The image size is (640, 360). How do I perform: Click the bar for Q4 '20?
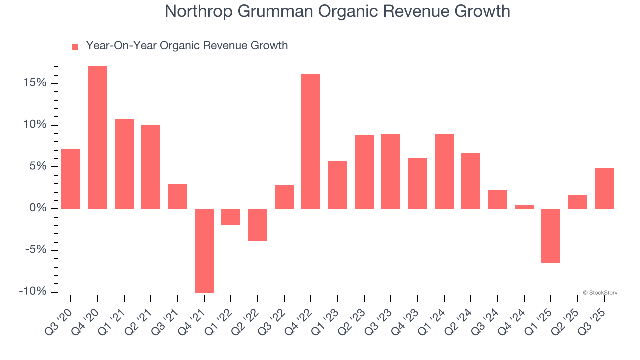(98, 137)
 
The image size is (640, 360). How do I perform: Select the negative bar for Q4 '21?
(204, 250)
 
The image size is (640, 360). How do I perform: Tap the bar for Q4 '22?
(311, 141)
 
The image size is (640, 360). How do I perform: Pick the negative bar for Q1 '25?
(551, 236)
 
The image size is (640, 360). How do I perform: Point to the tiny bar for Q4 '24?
(524, 207)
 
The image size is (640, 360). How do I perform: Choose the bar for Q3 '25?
(604, 188)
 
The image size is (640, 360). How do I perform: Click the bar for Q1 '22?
(231, 217)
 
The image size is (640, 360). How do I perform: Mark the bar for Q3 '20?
(71, 178)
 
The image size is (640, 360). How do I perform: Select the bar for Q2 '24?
(471, 180)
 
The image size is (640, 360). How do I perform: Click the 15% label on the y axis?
(34, 83)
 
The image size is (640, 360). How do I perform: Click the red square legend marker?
(75, 47)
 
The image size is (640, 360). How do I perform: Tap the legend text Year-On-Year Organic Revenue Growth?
(187, 46)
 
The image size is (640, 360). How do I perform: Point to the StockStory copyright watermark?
(600, 293)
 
